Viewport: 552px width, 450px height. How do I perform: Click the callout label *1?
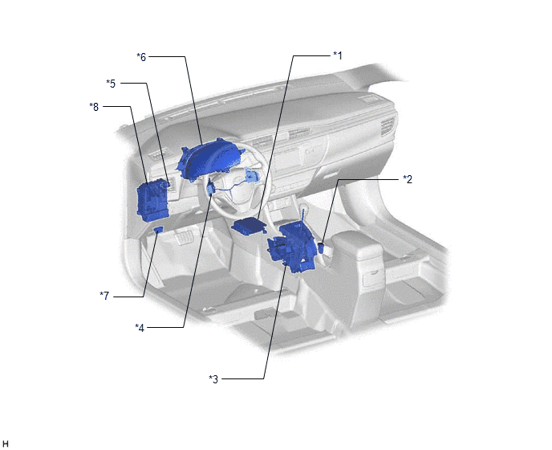(x=337, y=55)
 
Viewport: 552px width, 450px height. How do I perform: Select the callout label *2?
(x=408, y=179)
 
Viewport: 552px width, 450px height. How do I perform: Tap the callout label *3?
(x=213, y=379)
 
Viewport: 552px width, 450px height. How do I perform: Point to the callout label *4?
(x=140, y=328)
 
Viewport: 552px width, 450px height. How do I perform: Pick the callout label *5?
(x=111, y=84)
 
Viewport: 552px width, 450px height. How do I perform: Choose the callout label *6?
(x=141, y=57)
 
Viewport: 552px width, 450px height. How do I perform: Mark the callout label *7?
(x=104, y=296)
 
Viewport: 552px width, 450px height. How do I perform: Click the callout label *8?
(x=94, y=107)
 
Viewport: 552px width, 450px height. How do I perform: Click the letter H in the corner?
(x=6, y=444)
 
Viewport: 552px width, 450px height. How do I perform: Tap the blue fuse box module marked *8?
(x=152, y=200)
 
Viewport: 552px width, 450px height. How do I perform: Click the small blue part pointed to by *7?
(x=158, y=230)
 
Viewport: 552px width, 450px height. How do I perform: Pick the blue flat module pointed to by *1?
(x=249, y=226)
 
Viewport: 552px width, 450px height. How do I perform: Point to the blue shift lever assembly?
(x=291, y=247)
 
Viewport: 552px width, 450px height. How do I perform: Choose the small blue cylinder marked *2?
(x=321, y=247)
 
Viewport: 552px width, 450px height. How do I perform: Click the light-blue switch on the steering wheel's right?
(x=253, y=175)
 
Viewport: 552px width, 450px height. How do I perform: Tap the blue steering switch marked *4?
(x=211, y=187)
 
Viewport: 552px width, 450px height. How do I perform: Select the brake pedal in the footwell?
(x=184, y=237)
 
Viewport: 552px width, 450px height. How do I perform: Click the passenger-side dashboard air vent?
(x=388, y=127)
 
